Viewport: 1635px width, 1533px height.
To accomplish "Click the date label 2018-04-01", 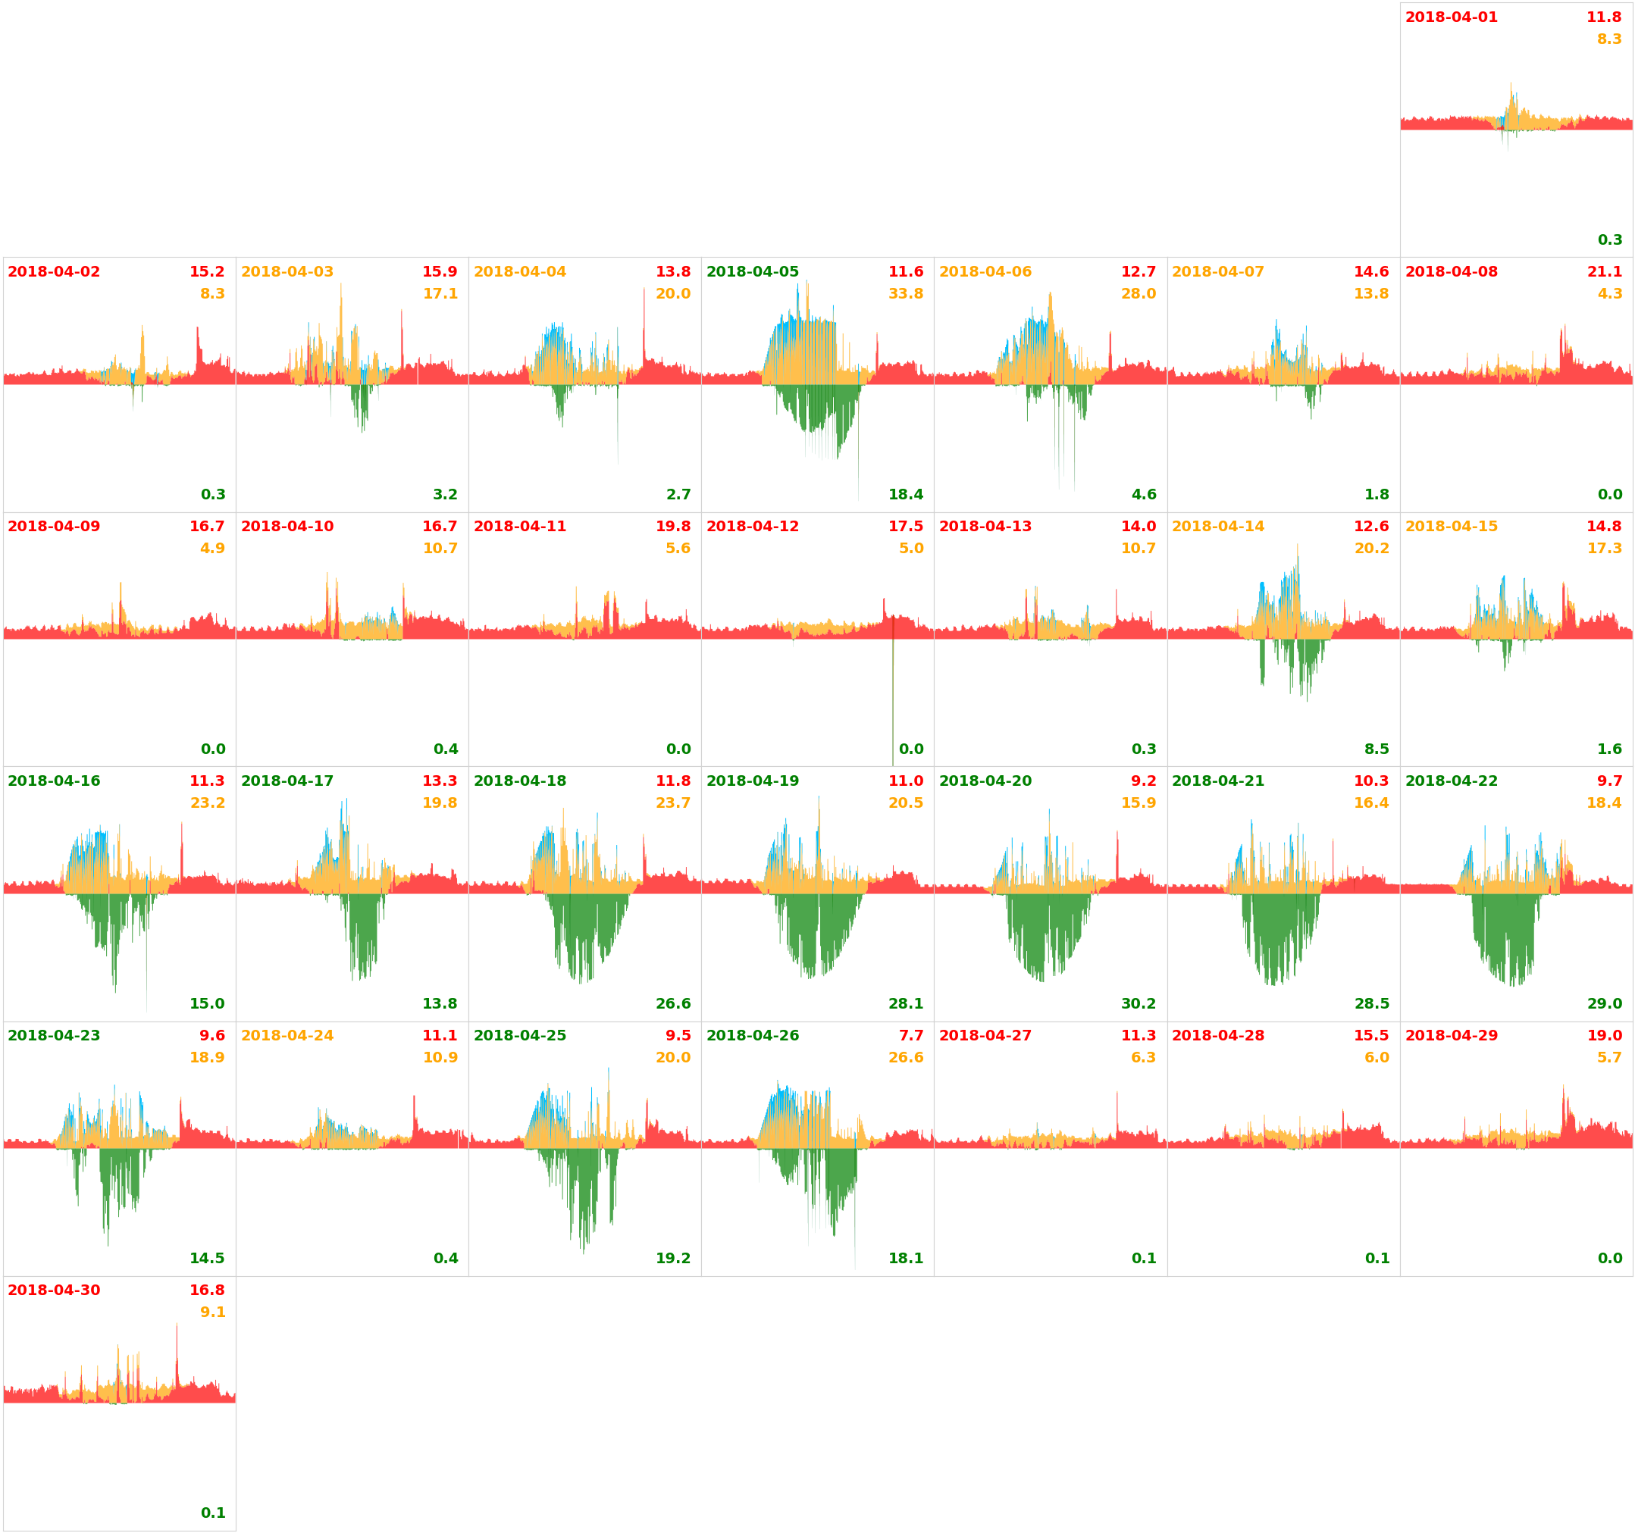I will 1451,17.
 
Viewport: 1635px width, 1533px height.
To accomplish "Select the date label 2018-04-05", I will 753,271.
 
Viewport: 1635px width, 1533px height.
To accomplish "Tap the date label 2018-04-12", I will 753,527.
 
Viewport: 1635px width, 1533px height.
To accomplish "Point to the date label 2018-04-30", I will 55,1291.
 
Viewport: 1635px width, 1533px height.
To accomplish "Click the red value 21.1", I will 1604,271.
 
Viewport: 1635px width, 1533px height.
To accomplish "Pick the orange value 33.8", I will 906,293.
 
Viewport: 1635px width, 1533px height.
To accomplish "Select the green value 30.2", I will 1139,1003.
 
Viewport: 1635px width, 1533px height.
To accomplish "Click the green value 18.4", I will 906,494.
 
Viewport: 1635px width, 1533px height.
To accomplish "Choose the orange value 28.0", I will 1139,293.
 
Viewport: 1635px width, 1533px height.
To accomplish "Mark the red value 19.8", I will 673,527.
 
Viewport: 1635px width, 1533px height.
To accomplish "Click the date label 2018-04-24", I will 287,1035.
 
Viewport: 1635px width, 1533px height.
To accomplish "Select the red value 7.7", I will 910,1035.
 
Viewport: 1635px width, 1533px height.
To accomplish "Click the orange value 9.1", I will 212,1312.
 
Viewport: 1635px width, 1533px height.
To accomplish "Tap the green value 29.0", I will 1604,1003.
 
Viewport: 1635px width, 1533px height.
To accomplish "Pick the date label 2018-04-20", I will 985,781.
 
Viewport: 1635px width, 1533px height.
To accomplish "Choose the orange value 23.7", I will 673,802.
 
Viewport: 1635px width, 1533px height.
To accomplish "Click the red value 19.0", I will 1604,1035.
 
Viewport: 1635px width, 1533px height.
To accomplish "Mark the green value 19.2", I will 673,1259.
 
